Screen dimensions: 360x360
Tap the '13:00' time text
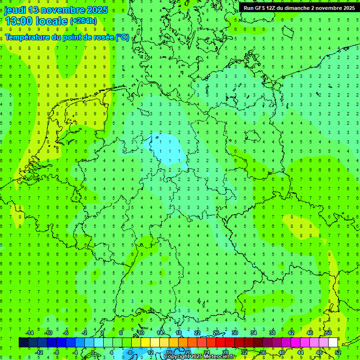click(x=18, y=21)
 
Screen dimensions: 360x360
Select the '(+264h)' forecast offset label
click(x=83, y=21)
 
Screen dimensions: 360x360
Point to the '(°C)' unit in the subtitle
click(x=122, y=37)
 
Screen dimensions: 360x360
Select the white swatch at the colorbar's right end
click(x=333, y=343)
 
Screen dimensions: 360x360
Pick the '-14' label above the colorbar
click(x=29, y=333)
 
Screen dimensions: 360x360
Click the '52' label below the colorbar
click(x=338, y=352)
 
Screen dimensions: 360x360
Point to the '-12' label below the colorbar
click(x=38, y=352)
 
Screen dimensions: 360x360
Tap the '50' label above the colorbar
click(x=328, y=333)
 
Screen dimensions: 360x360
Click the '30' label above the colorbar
click(x=234, y=333)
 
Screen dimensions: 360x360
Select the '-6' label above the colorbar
click(x=66, y=333)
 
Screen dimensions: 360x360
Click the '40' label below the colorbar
click(x=281, y=352)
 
